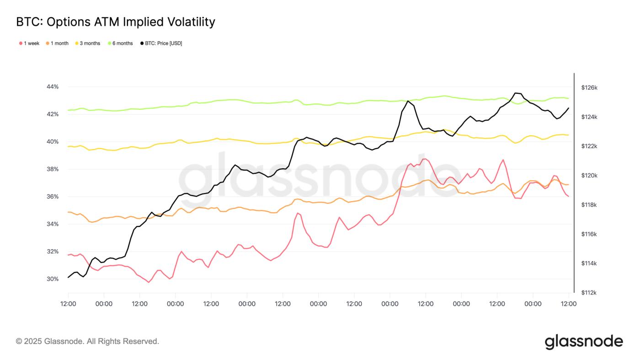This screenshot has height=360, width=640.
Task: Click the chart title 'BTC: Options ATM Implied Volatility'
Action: click(115, 21)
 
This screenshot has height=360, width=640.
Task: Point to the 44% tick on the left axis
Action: click(53, 87)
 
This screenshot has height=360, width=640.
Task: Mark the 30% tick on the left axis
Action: click(53, 279)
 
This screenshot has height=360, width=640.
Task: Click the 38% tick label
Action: click(53, 169)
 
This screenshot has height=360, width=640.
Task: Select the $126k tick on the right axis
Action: click(589, 87)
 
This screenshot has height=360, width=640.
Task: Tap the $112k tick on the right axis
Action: click(589, 293)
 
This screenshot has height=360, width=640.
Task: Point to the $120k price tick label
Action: click(589, 176)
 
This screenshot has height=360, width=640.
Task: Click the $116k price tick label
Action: click(589, 234)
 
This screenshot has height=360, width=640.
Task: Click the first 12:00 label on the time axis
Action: click(68, 304)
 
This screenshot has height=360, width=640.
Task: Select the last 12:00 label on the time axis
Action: click(568, 304)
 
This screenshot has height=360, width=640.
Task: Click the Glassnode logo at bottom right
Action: click(583, 341)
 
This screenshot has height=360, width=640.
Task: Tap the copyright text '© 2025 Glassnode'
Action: click(87, 341)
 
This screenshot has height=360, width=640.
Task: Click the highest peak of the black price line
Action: click(516, 93)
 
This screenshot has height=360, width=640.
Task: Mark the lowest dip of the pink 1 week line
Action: click(149, 282)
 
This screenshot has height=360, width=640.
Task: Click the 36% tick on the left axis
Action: click(53, 197)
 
